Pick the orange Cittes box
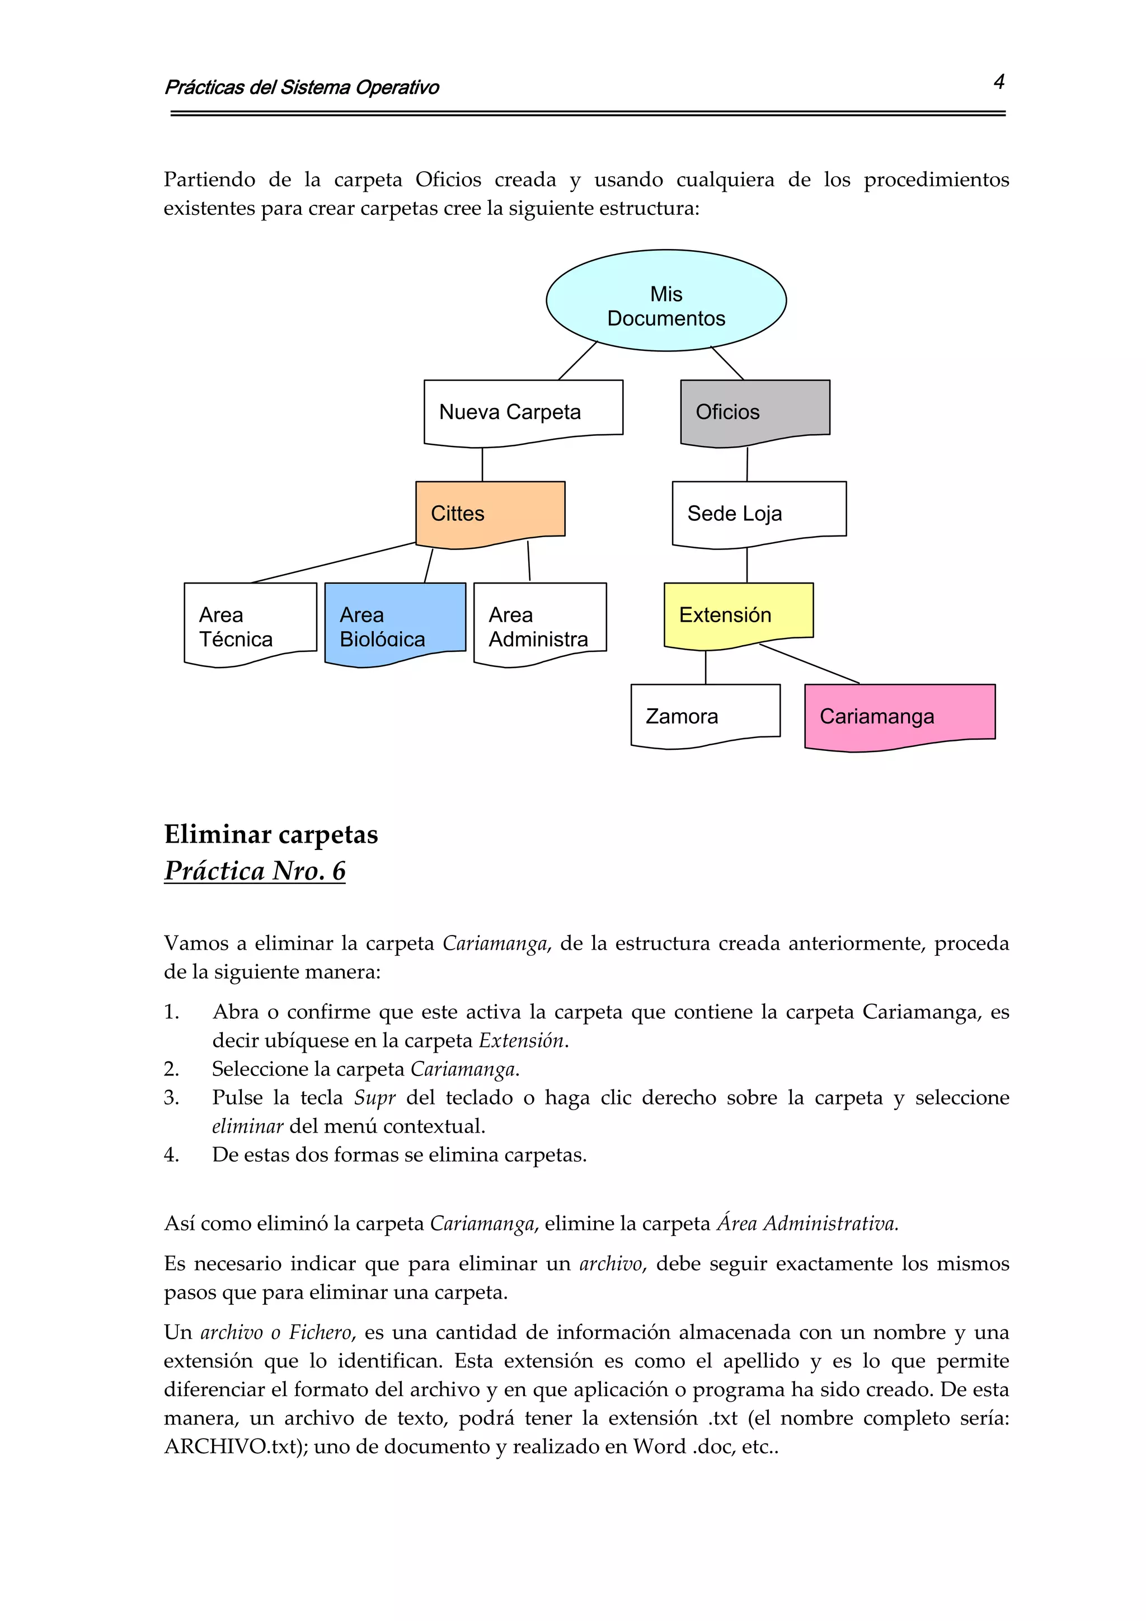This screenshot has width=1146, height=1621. point(490,513)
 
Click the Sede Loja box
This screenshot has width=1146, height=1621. point(758,513)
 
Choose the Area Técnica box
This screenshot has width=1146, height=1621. point(250,623)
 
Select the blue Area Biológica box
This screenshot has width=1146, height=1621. point(394,623)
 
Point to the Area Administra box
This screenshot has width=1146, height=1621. point(539,623)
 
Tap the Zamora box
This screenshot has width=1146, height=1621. point(704,715)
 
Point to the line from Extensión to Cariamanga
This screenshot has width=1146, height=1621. point(810,664)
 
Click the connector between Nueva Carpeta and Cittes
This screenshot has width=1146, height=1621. point(482,464)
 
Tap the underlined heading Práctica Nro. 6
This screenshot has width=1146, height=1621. point(255,871)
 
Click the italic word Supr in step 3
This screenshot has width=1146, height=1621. point(374,1098)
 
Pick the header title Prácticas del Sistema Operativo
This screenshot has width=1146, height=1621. point(302,87)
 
